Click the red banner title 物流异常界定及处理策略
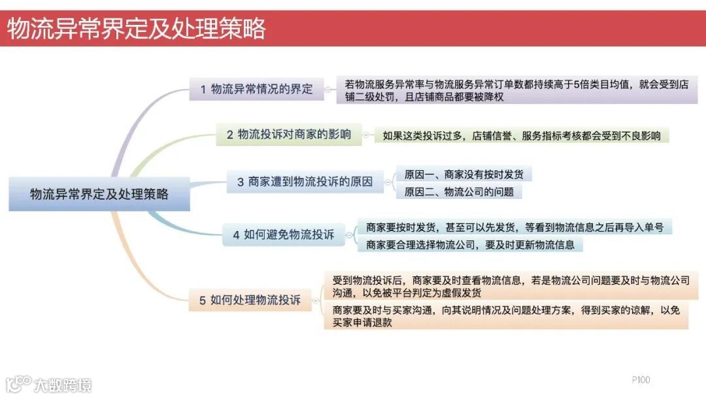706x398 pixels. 137,28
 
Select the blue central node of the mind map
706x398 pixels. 99,194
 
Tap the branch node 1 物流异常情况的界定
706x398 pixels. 257,89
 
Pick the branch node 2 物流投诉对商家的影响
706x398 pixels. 288,135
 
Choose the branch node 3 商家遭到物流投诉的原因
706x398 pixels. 305,182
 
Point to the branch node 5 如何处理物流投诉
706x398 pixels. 250,300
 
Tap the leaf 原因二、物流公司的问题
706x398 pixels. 459,192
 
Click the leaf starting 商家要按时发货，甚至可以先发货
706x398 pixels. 514,228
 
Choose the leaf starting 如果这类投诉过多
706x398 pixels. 521,136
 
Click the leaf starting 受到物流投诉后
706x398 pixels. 511,286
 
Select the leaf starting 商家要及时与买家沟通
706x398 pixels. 505,316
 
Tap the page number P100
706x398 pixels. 641,380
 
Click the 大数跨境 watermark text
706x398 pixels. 63,384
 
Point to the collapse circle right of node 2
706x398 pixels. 366,136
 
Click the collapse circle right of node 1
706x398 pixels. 330,89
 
